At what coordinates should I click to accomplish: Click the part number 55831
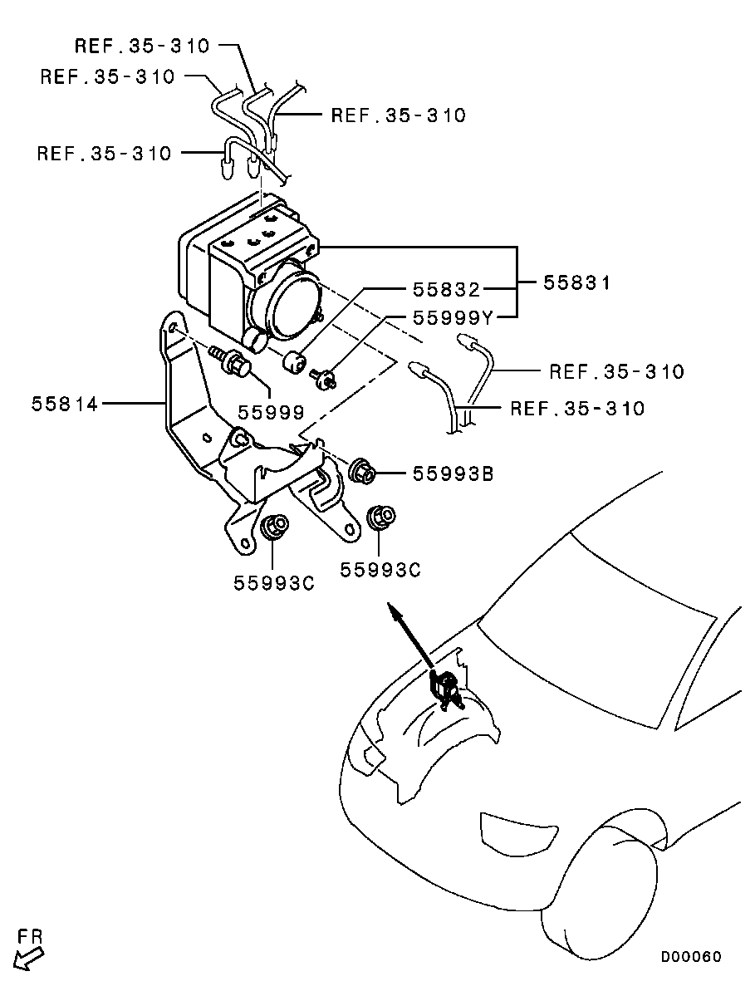click(x=576, y=283)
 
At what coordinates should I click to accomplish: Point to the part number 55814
click(x=65, y=404)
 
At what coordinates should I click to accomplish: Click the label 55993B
click(x=453, y=473)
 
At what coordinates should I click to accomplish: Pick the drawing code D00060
click(x=691, y=956)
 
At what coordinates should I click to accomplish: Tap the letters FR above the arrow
click(x=31, y=936)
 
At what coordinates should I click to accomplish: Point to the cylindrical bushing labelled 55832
click(x=295, y=363)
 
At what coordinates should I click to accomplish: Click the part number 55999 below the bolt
click(x=272, y=411)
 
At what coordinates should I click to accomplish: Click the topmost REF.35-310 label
click(x=142, y=46)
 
